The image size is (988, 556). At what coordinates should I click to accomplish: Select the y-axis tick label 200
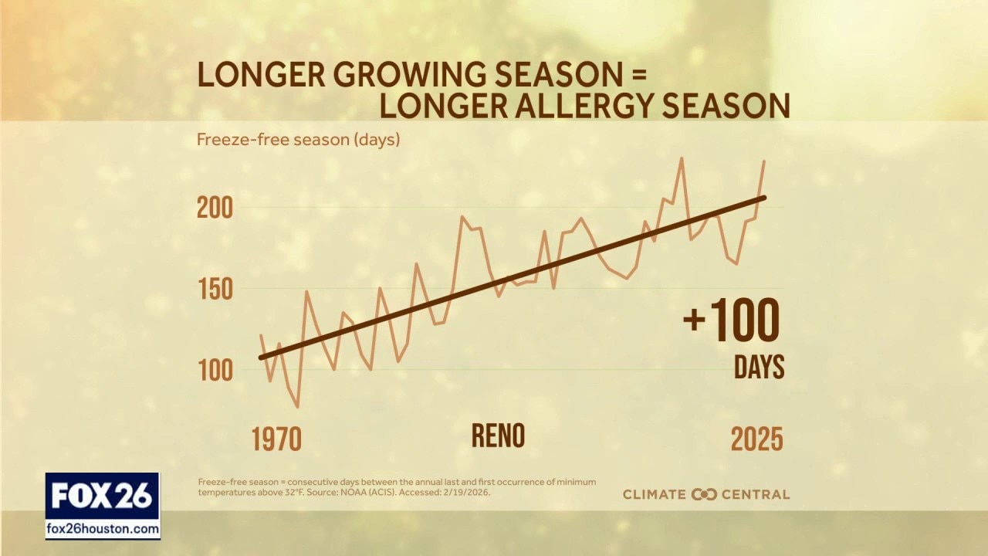(x=215, y=208)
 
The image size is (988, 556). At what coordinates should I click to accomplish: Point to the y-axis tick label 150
(x=215, y=290)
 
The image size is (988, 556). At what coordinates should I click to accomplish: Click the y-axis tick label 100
(x=215, y=371)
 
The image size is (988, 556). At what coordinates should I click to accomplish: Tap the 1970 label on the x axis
(x=276, y=439)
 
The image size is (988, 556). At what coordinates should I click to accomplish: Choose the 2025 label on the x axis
(x=756, y=439)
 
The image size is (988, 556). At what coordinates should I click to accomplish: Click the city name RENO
(x=498, y=436)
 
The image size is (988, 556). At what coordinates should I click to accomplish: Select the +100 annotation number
(x=732, y=320)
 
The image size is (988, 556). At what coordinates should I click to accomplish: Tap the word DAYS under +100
(x=759, y=368)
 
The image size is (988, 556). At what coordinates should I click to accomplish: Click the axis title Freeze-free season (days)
(x=298, y=140)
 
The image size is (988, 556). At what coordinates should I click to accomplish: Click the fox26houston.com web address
(x=103, y=530)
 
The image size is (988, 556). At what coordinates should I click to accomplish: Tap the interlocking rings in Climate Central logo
(x=704, y=494)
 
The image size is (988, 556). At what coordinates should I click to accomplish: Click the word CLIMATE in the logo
(x=655, y=494)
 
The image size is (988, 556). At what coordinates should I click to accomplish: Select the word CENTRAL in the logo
(x=755, y=494)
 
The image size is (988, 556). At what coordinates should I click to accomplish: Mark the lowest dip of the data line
(x=297, y=407)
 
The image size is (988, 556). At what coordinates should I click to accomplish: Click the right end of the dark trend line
(x=764, y=198)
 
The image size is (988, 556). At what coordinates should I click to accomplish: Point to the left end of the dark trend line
(x=261, y=358)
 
